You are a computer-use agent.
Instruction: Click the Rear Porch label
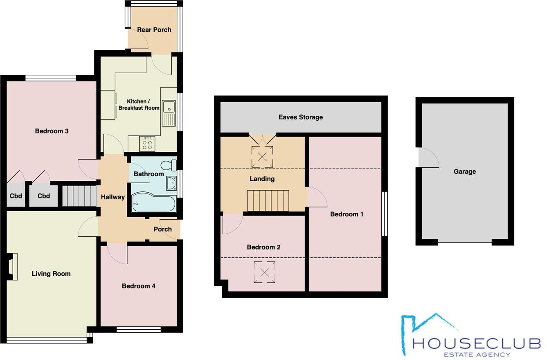(x=154, y=30)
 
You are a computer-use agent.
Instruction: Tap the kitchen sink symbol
(x=169, y=113)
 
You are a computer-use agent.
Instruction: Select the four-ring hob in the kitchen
(x=147, y=144)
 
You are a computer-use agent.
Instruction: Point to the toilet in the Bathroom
(x=168, y=166)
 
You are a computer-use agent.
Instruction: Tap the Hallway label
(x=113, y=197)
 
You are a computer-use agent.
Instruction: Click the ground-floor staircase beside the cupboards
(x=79, y=196)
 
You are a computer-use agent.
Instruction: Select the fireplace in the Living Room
(x=12, y=267)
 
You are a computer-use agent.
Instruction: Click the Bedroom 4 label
(x=138, y=286)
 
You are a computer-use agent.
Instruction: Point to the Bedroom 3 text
(x=52, y=131)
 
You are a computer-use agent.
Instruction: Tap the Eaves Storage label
(x=301, y=117)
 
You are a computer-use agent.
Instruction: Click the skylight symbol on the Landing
(x=262, y=156)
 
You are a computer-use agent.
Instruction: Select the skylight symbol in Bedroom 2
(x=264, y=272)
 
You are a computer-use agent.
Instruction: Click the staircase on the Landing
(x=268, y=200)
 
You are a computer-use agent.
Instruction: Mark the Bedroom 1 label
(x=347, y=214)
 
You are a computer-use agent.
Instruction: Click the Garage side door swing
(x=428, y=157)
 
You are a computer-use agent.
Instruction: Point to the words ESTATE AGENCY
(x=477, y=354)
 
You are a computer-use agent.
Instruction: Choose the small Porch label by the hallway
(x=162, y=229)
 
